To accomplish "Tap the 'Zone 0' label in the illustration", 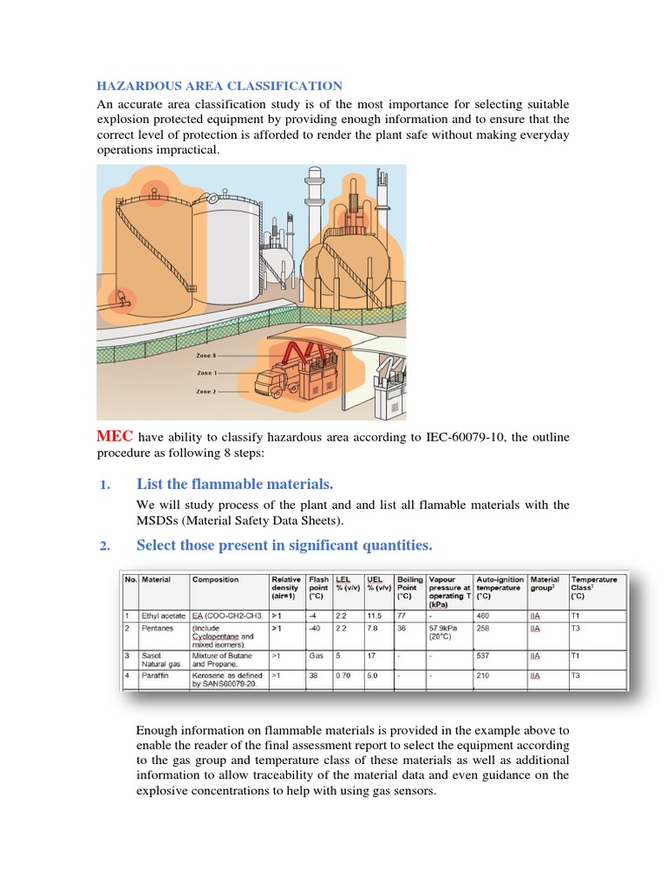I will pyautogui.click(x=206, y=356).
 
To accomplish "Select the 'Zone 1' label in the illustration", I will pyautogui.click(x=206, y=373).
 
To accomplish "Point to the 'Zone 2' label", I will pyautogui.click(x=206, y=391).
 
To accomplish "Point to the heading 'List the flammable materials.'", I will pyautogui.click(x=234, y=484).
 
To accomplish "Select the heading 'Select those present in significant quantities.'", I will pyautogui.click(x=284, y=545).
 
